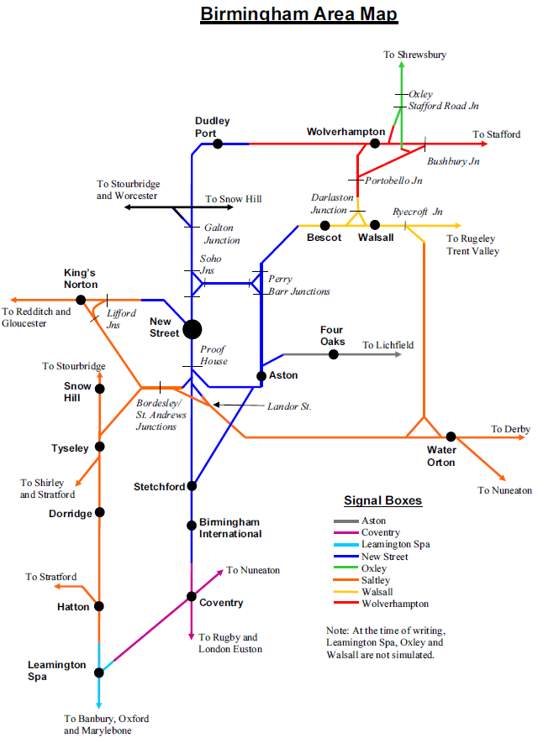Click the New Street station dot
point(193,329)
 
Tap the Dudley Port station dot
point(218,144)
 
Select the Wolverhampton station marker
point(375,143)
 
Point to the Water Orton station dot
point(451,437)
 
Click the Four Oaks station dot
point(334,354)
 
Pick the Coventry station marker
point(191,597)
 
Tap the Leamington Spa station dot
point(98,672)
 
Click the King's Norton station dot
point(81,300)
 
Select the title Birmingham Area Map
point(299,14)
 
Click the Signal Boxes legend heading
point(382,501)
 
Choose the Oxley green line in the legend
point(345,568)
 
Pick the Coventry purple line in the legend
point(345,532)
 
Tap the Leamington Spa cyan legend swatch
point(345,545)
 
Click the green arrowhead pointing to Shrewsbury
point(401,65)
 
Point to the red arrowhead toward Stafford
point(484,144)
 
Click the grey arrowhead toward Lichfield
point(398,354)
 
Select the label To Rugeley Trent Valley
point(472,245)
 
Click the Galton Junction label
point(222,234)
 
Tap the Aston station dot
point(261,376)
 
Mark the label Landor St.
point(289,406)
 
